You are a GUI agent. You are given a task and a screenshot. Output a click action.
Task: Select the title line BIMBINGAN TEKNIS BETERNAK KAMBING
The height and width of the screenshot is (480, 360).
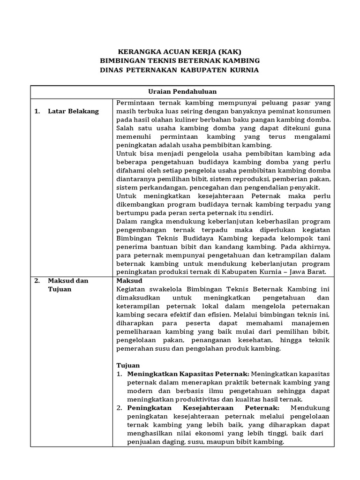click(180, 61)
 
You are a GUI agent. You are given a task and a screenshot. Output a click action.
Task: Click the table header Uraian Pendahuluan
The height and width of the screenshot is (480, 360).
click(183, 91)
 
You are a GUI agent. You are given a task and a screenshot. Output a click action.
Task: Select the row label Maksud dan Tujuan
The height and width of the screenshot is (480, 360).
click(68, 285)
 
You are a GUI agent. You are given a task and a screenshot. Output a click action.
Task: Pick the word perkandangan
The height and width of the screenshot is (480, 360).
click(158, 187)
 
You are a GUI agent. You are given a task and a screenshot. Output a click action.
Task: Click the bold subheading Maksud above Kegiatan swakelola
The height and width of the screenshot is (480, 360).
click(129, 280)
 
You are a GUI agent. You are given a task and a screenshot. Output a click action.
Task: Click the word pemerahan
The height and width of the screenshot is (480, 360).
click(135, 348)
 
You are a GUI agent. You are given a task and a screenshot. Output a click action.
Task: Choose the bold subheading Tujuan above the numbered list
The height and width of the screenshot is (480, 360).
click(128, 365)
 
